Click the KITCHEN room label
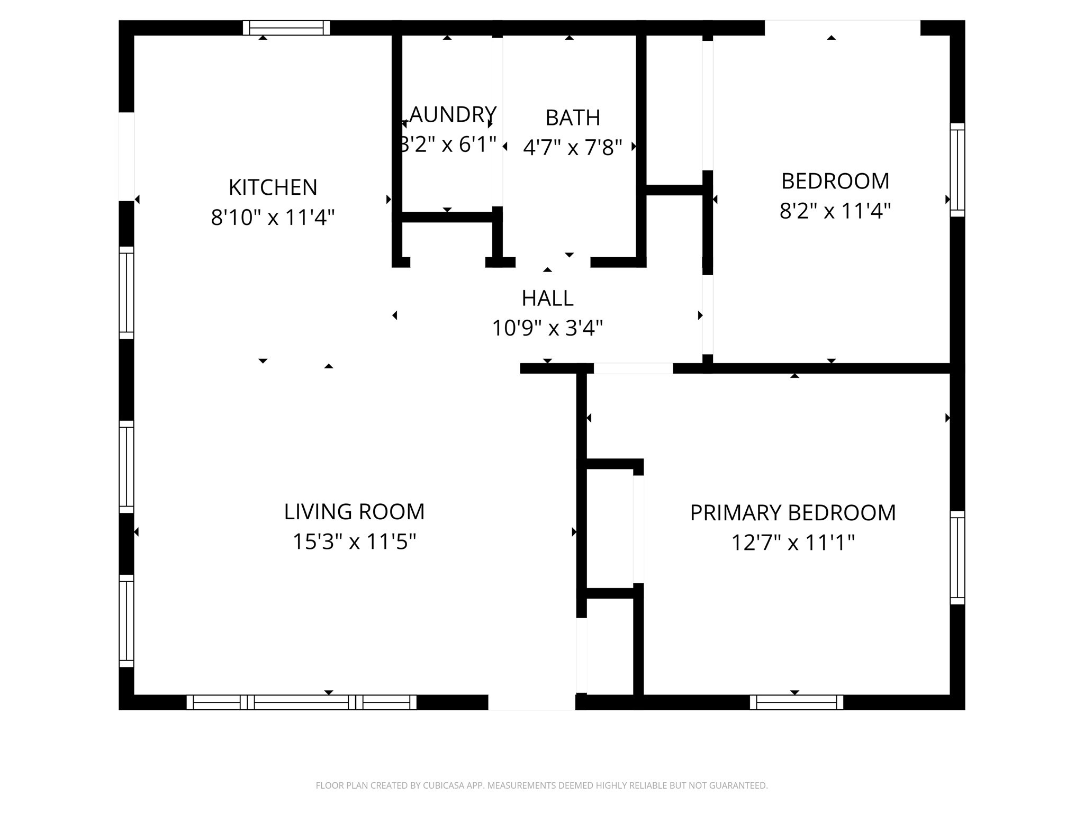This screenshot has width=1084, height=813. click(x=273, y=187)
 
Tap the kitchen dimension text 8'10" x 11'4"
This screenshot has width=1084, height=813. click(x=273, y=218)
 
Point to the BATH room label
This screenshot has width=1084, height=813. click(x=573, y=118)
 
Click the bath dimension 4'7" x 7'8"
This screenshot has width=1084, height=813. click(x=572, y=148)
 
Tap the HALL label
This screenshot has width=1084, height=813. click(x=547, y=299)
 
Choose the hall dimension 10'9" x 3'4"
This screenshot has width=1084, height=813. click(x=547, y=329)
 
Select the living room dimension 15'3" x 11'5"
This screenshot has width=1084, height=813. click(x=354, y=542)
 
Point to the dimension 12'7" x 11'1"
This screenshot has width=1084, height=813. click(x=792, y=543)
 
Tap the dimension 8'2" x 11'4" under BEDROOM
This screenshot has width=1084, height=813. click(x=835, y=211)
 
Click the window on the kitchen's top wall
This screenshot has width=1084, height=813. click(x=286, y=28)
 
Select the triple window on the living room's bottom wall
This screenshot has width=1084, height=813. click(x=301, y=702)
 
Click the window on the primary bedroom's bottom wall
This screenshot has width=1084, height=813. click(x=796, y=702)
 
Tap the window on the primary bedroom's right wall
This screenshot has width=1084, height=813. click(x=957, y=557)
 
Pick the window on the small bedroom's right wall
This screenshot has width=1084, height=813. click(x=957, y=170)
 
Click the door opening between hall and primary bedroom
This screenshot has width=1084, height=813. click(x=633, y=368)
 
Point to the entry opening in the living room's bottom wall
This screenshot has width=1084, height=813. click(x=531, y=702)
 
